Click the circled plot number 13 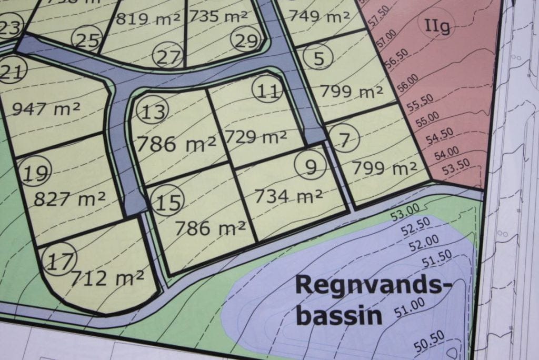coord(153,112)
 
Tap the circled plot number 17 coord(61,261)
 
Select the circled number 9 coord(311,167)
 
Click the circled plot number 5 coord(318,58)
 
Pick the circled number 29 coord(246,40)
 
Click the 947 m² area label coord(46,109)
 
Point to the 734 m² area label coord(288,196)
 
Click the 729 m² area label coord(256,137)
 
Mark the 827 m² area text coord(69,199)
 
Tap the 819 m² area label coord(148,18)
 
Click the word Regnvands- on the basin coord(374,285)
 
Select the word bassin coord(339,315)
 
